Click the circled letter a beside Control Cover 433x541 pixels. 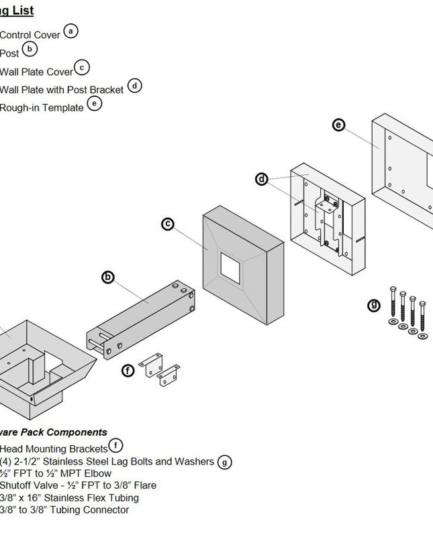pyautogui.click(x=70, y=31)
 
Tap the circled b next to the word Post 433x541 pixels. pyautogui.click(x=30, y=49)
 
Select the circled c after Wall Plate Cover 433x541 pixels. pyautogui.click(x=82, y=67)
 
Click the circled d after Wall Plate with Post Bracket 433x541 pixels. pyautogui.click(x=135, y=86)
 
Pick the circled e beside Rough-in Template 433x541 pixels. pyautogui.click(x=95, y=104)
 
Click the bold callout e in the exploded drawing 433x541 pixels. pyautogui.click(x=338, y=125)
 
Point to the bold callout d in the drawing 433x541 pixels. pyautogui.click(x=262, y=179)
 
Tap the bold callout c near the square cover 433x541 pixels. pyautogui.click(x=169, y=224)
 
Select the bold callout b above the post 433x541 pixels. pyautogui.click(x=107, y=277)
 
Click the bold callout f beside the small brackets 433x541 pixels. pyautogui.click(x=128, y=370)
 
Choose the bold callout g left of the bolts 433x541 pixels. pyautogui.click(x=374, y=305)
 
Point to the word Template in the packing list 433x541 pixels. pyautogui.click(x=63, y=108)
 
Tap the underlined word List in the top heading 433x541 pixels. pyautogui.click(x=21, y=11)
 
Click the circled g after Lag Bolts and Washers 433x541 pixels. pyautogui.click(x=226, y=461)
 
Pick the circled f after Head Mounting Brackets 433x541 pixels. pyautogui.click(x=116, y=445)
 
